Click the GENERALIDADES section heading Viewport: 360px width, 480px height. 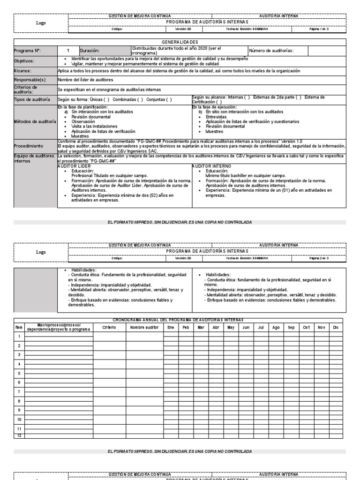pyautogui.click(x=180, y=42)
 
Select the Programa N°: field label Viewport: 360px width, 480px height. pyautogui.click(x=27, y=51)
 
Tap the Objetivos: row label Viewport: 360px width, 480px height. pyautogui.click(x=24, y=60)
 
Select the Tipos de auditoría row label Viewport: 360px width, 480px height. pyautogui.click(x=31, y=99)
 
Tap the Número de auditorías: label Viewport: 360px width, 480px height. pyautogui.click(x=271, y=51)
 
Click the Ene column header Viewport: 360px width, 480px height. pyautogui.click(x=170, y=327)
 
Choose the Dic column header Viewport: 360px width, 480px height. pyautogui.click(x=335, y=327)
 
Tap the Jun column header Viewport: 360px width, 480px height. pyautogui.click(x=246, y=327)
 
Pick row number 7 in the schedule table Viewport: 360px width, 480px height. pyautogui.click(x=19, y=391)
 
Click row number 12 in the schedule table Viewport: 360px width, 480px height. pyautogui.click(x=19, y=435)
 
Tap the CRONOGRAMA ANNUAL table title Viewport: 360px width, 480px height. pyautogui.click(x=180, y=319)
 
